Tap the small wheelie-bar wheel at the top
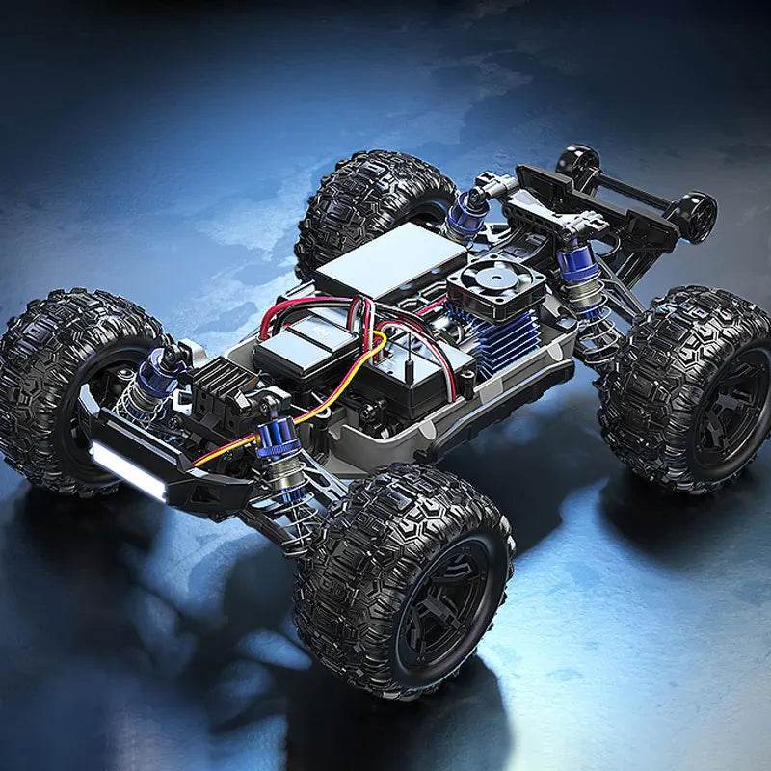tap(577, 158)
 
